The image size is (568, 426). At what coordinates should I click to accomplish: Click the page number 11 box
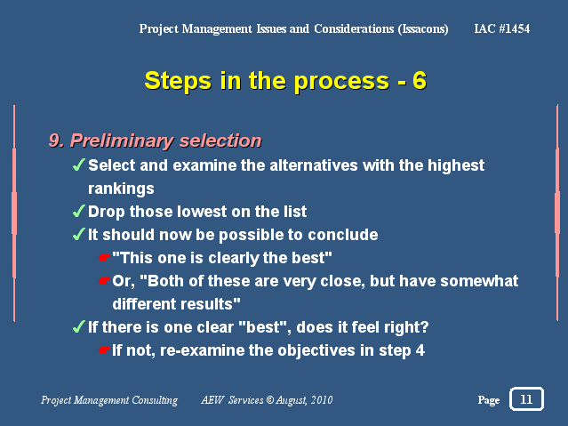(526, 398)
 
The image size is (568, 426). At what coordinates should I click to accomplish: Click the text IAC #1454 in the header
(502, 28)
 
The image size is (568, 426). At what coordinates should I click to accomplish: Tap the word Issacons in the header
(423, 29)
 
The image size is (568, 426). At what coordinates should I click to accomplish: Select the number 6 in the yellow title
(420, 80)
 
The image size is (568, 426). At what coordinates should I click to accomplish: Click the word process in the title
(341, 82)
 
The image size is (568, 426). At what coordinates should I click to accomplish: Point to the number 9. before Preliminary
(57, 141)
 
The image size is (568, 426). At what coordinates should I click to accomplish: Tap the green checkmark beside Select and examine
(79, 165)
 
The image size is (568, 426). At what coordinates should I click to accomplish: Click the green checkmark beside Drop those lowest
(79, 211)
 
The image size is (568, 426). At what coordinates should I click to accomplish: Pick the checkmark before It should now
(79, 234)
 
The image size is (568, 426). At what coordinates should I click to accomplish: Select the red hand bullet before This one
(104, 258)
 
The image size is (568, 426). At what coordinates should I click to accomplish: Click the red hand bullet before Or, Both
(104, 281)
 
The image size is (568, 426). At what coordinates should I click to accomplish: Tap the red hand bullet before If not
(104, 350)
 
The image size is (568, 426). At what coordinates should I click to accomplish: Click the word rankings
(121, 189)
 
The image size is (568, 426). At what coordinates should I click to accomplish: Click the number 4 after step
(420, 350)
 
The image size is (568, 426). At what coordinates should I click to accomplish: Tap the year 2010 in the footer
(322, 400)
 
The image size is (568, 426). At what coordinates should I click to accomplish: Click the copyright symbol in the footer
(270, 400)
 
